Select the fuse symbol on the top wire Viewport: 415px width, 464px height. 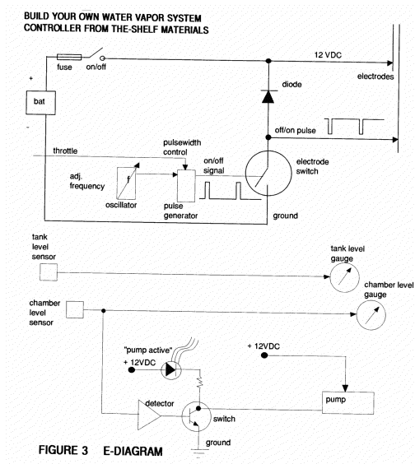(x=69, y=57)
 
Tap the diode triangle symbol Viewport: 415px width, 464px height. (x=268, y=97)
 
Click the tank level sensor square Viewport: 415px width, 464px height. (x=49, y=272)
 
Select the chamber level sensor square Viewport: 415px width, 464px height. (x=75, y=310)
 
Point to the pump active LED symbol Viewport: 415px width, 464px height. (x=171, y=369)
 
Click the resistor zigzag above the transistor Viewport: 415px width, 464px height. (x=200, y=382)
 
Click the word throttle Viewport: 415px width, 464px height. (x=65, y=151)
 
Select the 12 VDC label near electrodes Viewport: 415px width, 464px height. (x=328, y=55)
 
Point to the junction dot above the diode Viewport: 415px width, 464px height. (x=268, y=61)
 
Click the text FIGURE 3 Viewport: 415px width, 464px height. (x=63, y=450)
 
